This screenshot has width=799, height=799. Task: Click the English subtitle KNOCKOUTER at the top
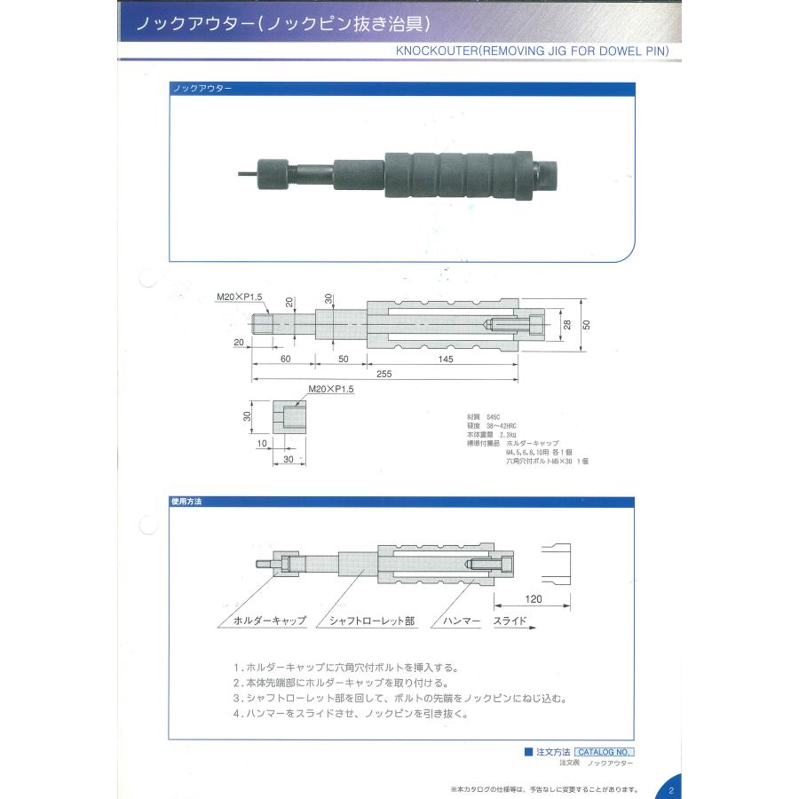(532, 51)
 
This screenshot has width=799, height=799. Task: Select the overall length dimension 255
(384, 375)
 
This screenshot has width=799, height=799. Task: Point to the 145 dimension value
(445, 358)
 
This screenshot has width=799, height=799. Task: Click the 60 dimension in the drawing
(284, 358)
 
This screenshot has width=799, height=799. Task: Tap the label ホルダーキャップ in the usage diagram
(269, 621)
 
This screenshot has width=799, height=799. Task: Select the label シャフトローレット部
(372, 621)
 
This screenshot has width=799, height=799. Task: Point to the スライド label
(510, 621)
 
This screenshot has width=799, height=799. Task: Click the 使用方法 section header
(186, 502)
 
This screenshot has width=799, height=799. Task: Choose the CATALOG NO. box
(605, 751)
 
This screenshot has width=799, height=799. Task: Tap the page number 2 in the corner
(671, 789)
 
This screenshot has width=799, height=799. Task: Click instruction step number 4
(236, 713)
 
